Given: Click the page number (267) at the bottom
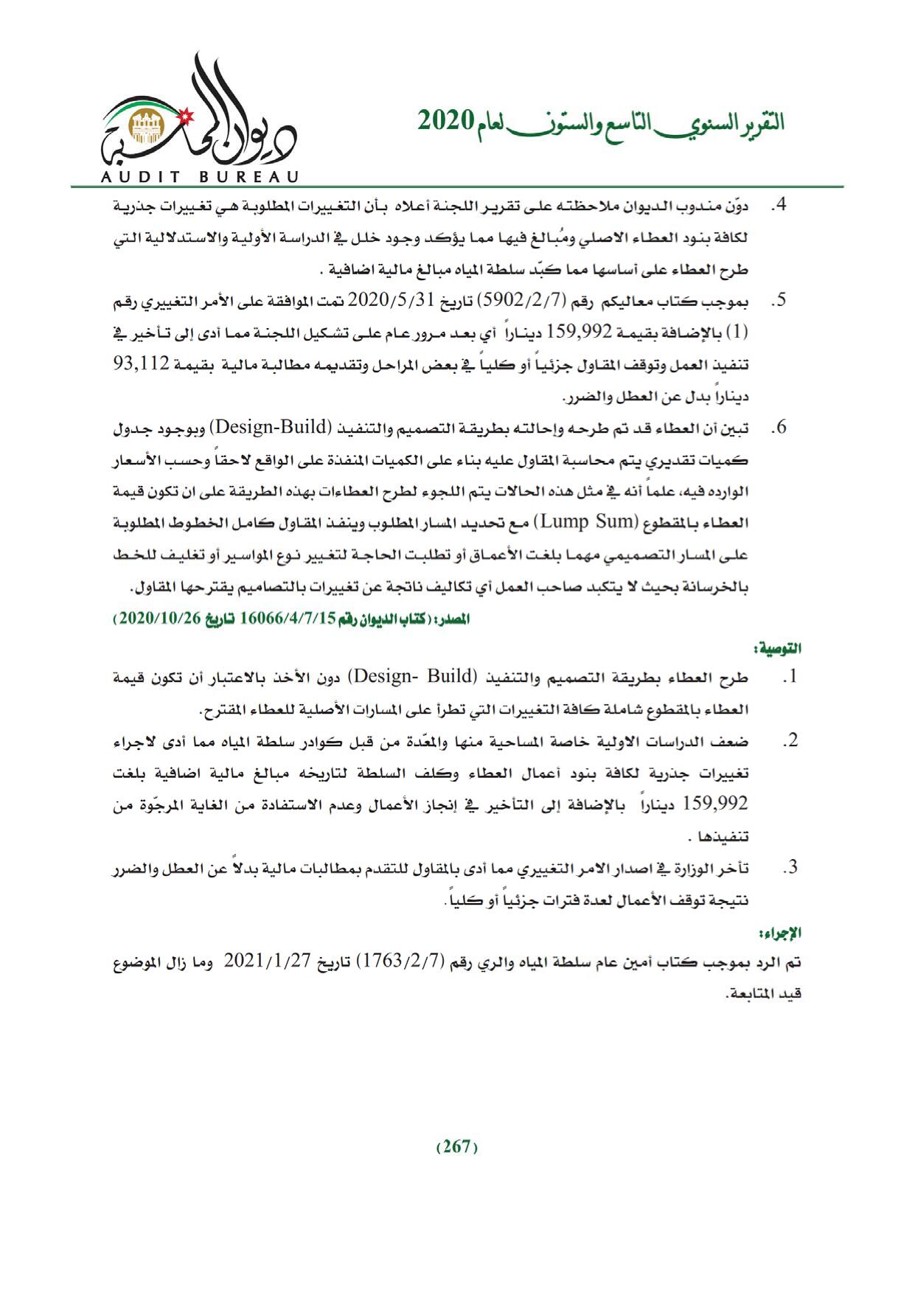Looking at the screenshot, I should (x=457, y=1147).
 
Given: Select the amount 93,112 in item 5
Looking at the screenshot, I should (x=774, y=363).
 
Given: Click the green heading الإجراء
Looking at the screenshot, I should (x=784, y=933).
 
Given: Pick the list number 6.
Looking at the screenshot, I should (x=779, y=428).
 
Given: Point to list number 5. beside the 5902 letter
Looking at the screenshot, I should (x=779, y=301).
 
